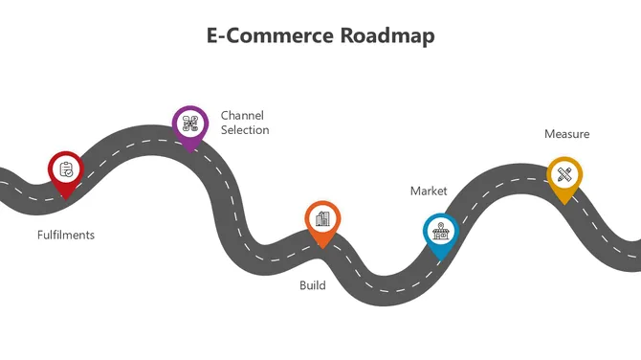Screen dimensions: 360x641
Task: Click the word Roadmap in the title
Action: (387, 35)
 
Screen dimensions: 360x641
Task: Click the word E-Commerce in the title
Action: (270, 35)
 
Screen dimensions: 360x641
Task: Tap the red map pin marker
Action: (65, 172)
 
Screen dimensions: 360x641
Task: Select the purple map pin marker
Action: (189, 125)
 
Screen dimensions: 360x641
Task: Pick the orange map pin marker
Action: (322, 221)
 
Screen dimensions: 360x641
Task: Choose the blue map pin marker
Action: (440, 233)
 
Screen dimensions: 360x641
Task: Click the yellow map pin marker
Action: (564, 177)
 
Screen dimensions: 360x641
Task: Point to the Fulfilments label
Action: (66, 235)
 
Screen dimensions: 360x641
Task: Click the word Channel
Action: (242, 115)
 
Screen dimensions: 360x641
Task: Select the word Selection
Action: (245, 130)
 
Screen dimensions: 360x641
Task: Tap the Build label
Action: (312, 285)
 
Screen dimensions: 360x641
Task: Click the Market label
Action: (429, 191)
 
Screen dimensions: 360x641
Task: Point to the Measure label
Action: (566, 134)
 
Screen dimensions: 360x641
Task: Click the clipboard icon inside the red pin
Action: (65, 169)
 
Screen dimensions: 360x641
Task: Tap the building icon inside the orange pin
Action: (322, 218)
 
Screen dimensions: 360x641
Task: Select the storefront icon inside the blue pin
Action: (440, 230)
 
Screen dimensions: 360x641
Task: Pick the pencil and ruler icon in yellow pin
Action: (564, 174)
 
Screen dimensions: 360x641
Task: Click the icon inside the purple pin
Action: (189, 123)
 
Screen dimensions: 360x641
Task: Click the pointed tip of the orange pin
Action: (322, 248)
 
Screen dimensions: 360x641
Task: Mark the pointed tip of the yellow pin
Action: (564, 204)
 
